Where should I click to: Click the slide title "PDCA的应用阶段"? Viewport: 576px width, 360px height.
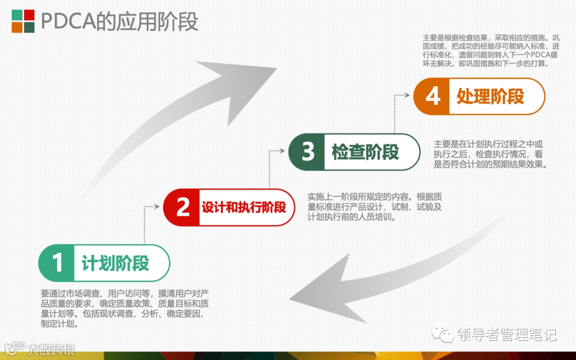tap(119, 21)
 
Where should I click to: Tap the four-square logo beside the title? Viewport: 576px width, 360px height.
tap(23, 21)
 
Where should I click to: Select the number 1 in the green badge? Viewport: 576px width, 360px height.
tap(57, 263)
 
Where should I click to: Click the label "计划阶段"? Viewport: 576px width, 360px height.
tap(115, 263)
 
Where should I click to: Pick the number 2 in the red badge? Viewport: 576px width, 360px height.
tap(182, 207)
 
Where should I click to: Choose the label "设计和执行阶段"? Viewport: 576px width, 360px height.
tap(244, 207)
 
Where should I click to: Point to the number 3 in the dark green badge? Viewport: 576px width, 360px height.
tap(308, 152)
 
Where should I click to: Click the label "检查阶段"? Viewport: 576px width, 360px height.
tap(365, 152)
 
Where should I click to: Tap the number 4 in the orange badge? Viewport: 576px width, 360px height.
tap(433, 97)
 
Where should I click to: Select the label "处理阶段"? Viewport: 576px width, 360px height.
tap(490, 97)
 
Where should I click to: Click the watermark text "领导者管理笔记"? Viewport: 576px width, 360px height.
tap(507, 334)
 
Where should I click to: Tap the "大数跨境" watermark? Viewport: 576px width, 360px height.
tap(51, 349)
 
